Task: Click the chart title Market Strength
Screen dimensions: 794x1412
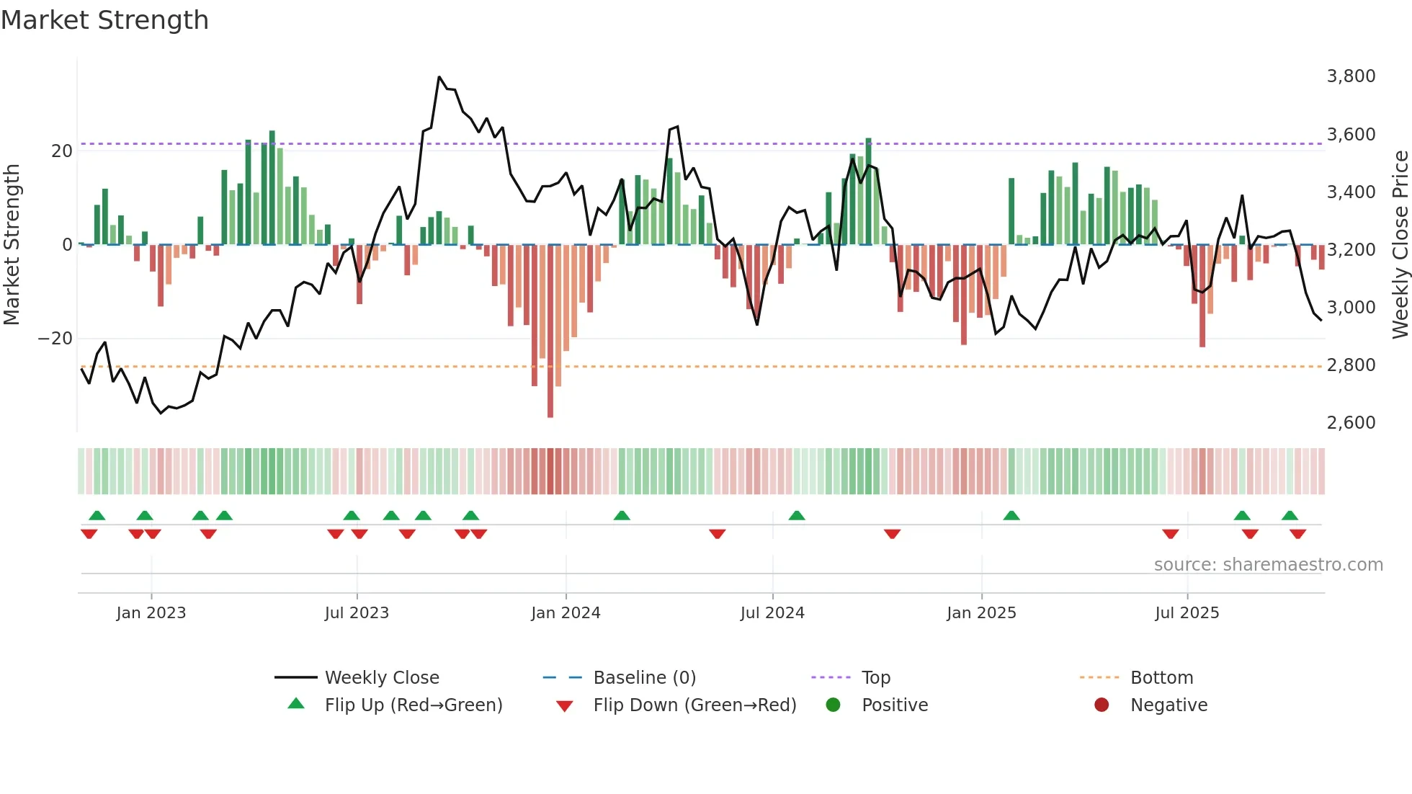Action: click(104, 20)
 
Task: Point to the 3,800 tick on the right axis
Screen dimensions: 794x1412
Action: click(1351, 76)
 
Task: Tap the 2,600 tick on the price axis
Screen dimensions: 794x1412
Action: click(1351, 423)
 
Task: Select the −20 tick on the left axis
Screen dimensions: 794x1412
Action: click(55, 339)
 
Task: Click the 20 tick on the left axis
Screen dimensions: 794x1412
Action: click(62, 151)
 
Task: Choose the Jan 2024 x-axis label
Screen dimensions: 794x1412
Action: click(566, 613)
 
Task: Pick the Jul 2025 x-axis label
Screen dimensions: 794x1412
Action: click(1187, 613)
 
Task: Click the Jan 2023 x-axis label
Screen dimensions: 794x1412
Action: click(151, 613)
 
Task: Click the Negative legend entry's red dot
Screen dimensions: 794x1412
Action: click(1102, 705)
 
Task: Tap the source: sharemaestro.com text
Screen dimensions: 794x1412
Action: click(1268, 565)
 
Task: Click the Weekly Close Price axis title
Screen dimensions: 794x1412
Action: click(1400, 245)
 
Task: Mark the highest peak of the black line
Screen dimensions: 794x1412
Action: click(439, 77)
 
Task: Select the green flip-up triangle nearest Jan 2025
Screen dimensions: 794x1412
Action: click(1011, 515)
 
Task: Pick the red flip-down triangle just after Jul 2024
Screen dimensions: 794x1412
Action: click(892, 534)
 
